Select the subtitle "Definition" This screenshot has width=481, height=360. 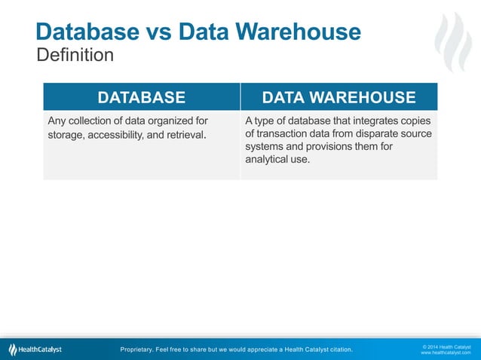[75, 55]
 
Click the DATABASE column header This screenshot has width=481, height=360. [141, 97]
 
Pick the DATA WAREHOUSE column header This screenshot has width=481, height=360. [339, 97]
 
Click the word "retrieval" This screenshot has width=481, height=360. [182, 136]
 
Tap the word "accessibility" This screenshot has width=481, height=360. [124, 136]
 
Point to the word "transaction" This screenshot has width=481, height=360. [286, 133]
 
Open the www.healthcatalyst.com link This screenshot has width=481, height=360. [446, 352]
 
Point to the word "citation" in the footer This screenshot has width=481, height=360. [335, 349]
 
